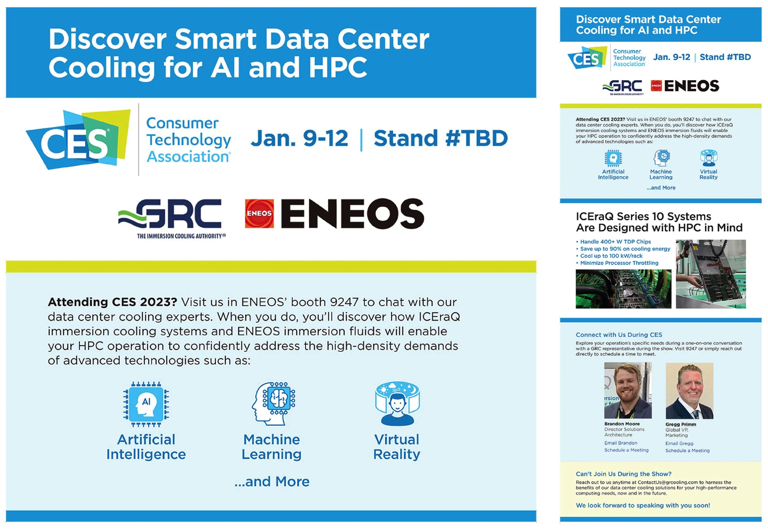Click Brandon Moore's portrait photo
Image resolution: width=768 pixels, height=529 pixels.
[628, 390]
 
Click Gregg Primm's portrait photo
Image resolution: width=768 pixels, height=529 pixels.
[689, 391]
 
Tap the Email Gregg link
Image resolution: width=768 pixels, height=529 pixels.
[679, 444]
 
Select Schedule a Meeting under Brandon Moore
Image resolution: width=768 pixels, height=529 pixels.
[626, 450]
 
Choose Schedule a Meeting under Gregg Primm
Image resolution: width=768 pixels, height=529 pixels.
[688, 450]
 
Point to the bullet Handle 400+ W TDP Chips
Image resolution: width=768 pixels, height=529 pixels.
[613, 242]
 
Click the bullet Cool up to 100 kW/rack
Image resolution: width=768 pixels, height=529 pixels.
[609, 256]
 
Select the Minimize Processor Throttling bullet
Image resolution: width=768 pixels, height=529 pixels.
[617, 263]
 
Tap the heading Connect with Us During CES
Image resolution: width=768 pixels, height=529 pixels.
[619, 335]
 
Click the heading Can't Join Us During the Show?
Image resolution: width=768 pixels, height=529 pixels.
[624, 474]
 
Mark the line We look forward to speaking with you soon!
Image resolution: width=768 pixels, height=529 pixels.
[643, 505]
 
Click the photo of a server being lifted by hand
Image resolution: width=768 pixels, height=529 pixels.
[711, 274]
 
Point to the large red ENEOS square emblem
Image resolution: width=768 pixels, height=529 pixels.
[259, 214]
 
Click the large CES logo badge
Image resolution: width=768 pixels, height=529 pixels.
[78, 139]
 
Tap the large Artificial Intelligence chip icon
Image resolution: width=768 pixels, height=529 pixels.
[146, 404]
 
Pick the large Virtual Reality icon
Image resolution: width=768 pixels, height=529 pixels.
[398, 403]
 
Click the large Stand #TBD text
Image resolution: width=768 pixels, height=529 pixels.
[441, 138]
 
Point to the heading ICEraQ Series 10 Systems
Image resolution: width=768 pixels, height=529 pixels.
[643, 217]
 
